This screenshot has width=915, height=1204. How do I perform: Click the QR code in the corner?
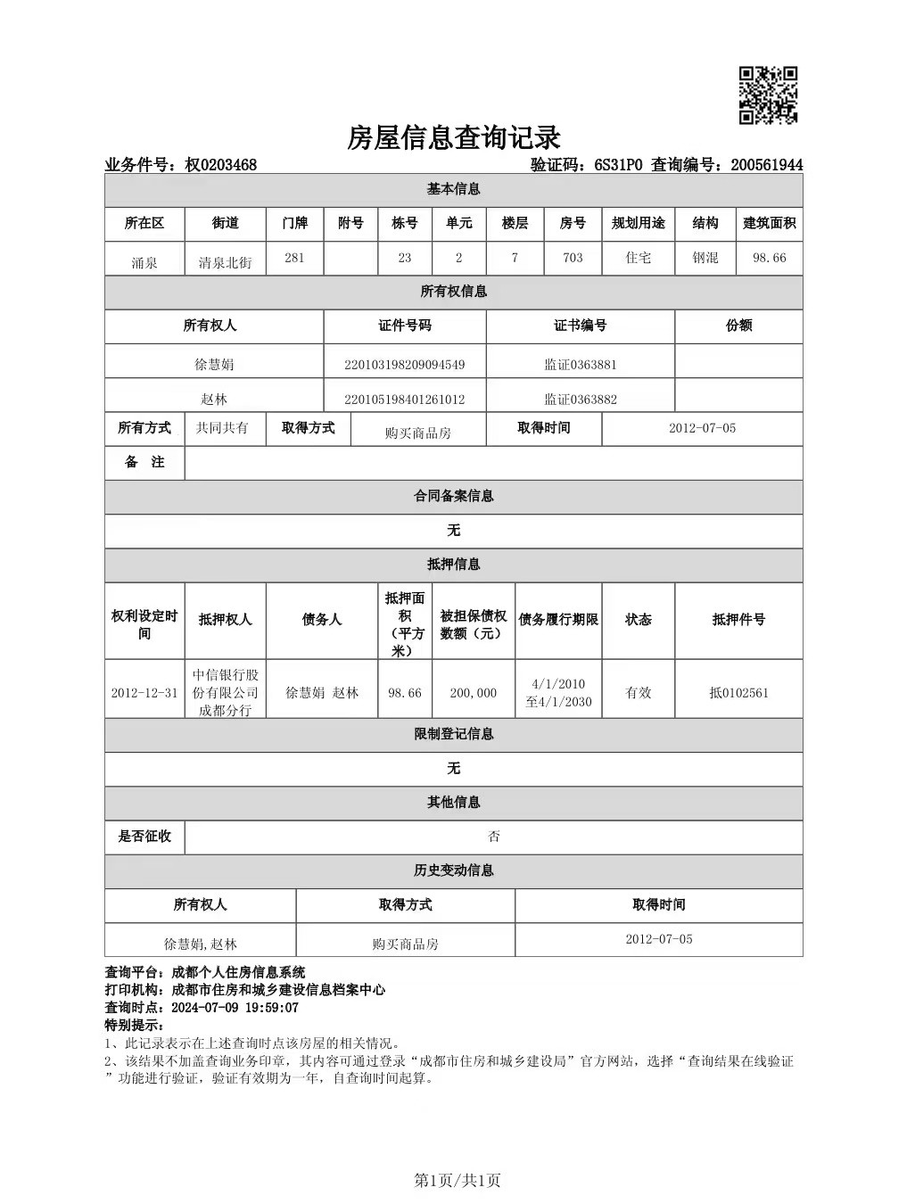pyautogui.click(x=768, y=95)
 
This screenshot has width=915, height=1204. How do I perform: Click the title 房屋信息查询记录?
pyautogui.click(x=453, y=138)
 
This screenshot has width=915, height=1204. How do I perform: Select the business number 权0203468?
pyautogui.click(x=220, y=165)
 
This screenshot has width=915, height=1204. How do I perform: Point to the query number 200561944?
pyautogui.click(x=766, y=165)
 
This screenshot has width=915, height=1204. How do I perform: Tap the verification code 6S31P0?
pyautogui.click(x=618, y=165)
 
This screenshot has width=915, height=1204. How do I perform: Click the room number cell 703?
pyautogui.click(x=573, y=258)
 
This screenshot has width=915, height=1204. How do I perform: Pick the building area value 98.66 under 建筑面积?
pyautogui.click(x=769, y=258)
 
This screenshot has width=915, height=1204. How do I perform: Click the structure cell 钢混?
pyautogui.click(x=705, y=258)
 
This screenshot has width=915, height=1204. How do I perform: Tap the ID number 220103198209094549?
pyautogui.click(x=404, y=365)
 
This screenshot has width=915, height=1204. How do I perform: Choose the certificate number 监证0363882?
pyautogui.click(x=580, y=400)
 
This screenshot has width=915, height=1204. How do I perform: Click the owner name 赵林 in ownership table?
pyautogui.click(x=213, y=400)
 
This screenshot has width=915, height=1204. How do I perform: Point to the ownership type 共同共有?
pyautogui.click(x=222, y=428)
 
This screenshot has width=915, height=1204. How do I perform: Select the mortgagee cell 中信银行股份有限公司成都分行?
pyautogui.click(x=225, y=693)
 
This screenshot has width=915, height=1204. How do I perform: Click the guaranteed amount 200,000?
pyautogui.click(x=473, y=693)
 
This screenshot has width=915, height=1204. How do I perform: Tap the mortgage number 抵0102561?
pyautogui.click(x=738, y=693)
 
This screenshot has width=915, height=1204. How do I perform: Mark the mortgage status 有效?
pyautogui.click(x=638, y=693)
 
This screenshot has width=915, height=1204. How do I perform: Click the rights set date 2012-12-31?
pyautogui.click(x=144, y=693)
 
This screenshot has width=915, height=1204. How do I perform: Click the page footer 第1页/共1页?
pyautogui.click(x=457, y=1181)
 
